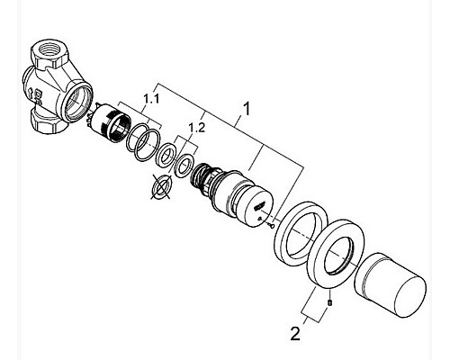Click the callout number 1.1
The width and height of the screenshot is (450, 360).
click(x=151, y=98)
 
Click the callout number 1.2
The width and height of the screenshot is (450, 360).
click(x=197, y=128)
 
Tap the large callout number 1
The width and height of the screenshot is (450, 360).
click(x=247, y=109)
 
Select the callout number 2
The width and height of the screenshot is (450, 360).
click(x=295, y=334)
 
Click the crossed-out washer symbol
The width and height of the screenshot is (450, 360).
click(x=161, y=186)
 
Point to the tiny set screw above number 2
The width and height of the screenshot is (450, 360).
click(x=329, y=302)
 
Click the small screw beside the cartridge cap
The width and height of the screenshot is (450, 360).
click(x=271, y=224)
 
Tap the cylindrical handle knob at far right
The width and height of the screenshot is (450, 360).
click(x=390, y=285)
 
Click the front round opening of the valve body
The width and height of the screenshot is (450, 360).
click(x=78, y=103)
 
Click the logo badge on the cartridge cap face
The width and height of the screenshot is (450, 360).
click(x=259, y=206)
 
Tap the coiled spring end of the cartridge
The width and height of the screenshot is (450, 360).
click(x=201, y=175)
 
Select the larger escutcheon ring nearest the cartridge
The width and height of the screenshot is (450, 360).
click(x=301, y=234)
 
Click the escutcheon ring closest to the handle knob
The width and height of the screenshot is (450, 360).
click(x=336, y=254)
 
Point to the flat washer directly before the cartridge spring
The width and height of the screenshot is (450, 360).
click(x=184, y=166)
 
